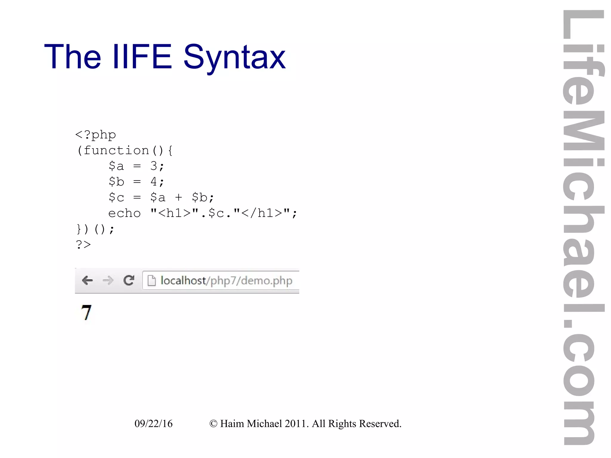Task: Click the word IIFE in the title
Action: pyautogui.click(x=142, y=57)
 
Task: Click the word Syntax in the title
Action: pyautogui.click(x=234, y=57)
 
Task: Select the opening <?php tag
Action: pyautogui.click(x=95, y=135)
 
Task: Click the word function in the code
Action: pyautogui.click(x=116, y=150)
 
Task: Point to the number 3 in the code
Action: pyautogui.click(x=154, y=166)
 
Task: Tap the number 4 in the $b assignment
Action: pyautogui.click(x=154, y=181)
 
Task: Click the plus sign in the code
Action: pyautogui.click(x=178, y=197)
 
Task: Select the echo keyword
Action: pyautogui.click(x=124, y=213)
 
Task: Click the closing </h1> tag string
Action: pyautogui.click(x=262, y=213)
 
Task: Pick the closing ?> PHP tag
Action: pyautogui.click(x=83, y=244)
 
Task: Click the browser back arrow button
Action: pyautogui.click(x=87, y=280)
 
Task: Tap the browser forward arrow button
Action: pyautogui.click(x=108, y=280)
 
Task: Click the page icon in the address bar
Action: pyautogui.click(x=152, y=280)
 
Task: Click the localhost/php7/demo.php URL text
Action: pyautogui.click(x=226, y=280)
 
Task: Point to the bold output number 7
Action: pyautogui.click(x=86, y=312)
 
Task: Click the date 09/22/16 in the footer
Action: pyautogui.click(x=153, y=423)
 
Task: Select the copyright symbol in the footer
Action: pyautogui.click(x=213, y=424)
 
